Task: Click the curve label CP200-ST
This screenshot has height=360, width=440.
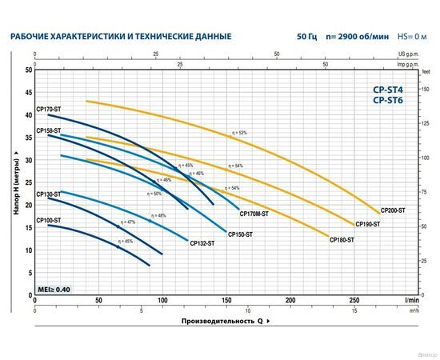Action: click(x=393, y=210)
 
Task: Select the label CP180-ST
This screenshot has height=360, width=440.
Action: click(x=342, y=239)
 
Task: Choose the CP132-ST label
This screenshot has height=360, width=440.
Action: click(x=202, y=243)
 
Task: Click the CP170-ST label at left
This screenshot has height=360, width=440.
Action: click(x=48, y=110)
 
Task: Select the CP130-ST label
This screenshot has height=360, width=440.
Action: click(x=48, y=194)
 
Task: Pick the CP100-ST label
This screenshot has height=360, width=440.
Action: click(x=48, y=219)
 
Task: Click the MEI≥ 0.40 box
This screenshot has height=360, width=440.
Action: click(x=54, y=289)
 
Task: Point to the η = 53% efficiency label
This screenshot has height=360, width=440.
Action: click(x=238, y=133)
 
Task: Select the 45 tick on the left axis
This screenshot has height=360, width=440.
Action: click(x=28, y=93)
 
